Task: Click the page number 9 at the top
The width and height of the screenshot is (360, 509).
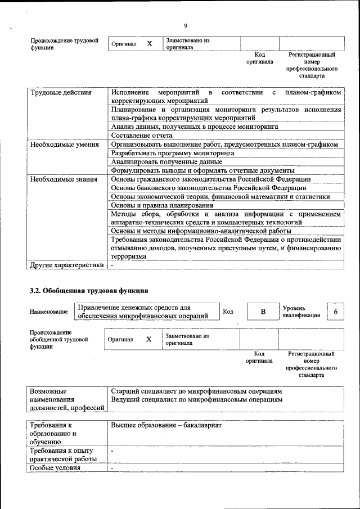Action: pyautogui.click(x=186, y=25)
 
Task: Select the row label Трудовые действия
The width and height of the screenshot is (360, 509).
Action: pyautogui.click(x=61, y=92)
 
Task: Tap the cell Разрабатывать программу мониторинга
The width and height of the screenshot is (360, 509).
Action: pyautogui.click(x=173, y=153)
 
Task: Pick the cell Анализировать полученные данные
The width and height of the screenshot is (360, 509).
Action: pyautogui.click(x=163, y=162)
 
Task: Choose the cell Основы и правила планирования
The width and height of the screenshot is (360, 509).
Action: pyautogui.click(x=162, y=205)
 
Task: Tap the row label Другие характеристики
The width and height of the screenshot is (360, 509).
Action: pyautogui.click(x=67, y=265)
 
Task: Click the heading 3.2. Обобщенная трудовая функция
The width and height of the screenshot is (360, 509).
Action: pyautogui.click(x=89, y=291)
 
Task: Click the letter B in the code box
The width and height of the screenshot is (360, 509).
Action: pyautogui.click(x=263, y=311)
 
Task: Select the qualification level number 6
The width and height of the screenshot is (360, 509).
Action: pyautogui.click(x=336, y=312)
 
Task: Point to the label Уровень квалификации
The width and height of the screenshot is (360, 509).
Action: pyautogui.click(x=302, y=312)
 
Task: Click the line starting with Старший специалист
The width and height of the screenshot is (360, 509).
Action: pyautogui.click(x=196, y=391)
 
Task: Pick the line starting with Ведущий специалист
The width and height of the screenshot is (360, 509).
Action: pyautogui.click(x=196, y=400)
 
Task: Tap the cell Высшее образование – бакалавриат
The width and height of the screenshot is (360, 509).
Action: pyautogui.click(x=166, y=426)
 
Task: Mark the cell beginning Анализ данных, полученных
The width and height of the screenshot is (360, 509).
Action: pyautogui.click(x=195, y=127)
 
